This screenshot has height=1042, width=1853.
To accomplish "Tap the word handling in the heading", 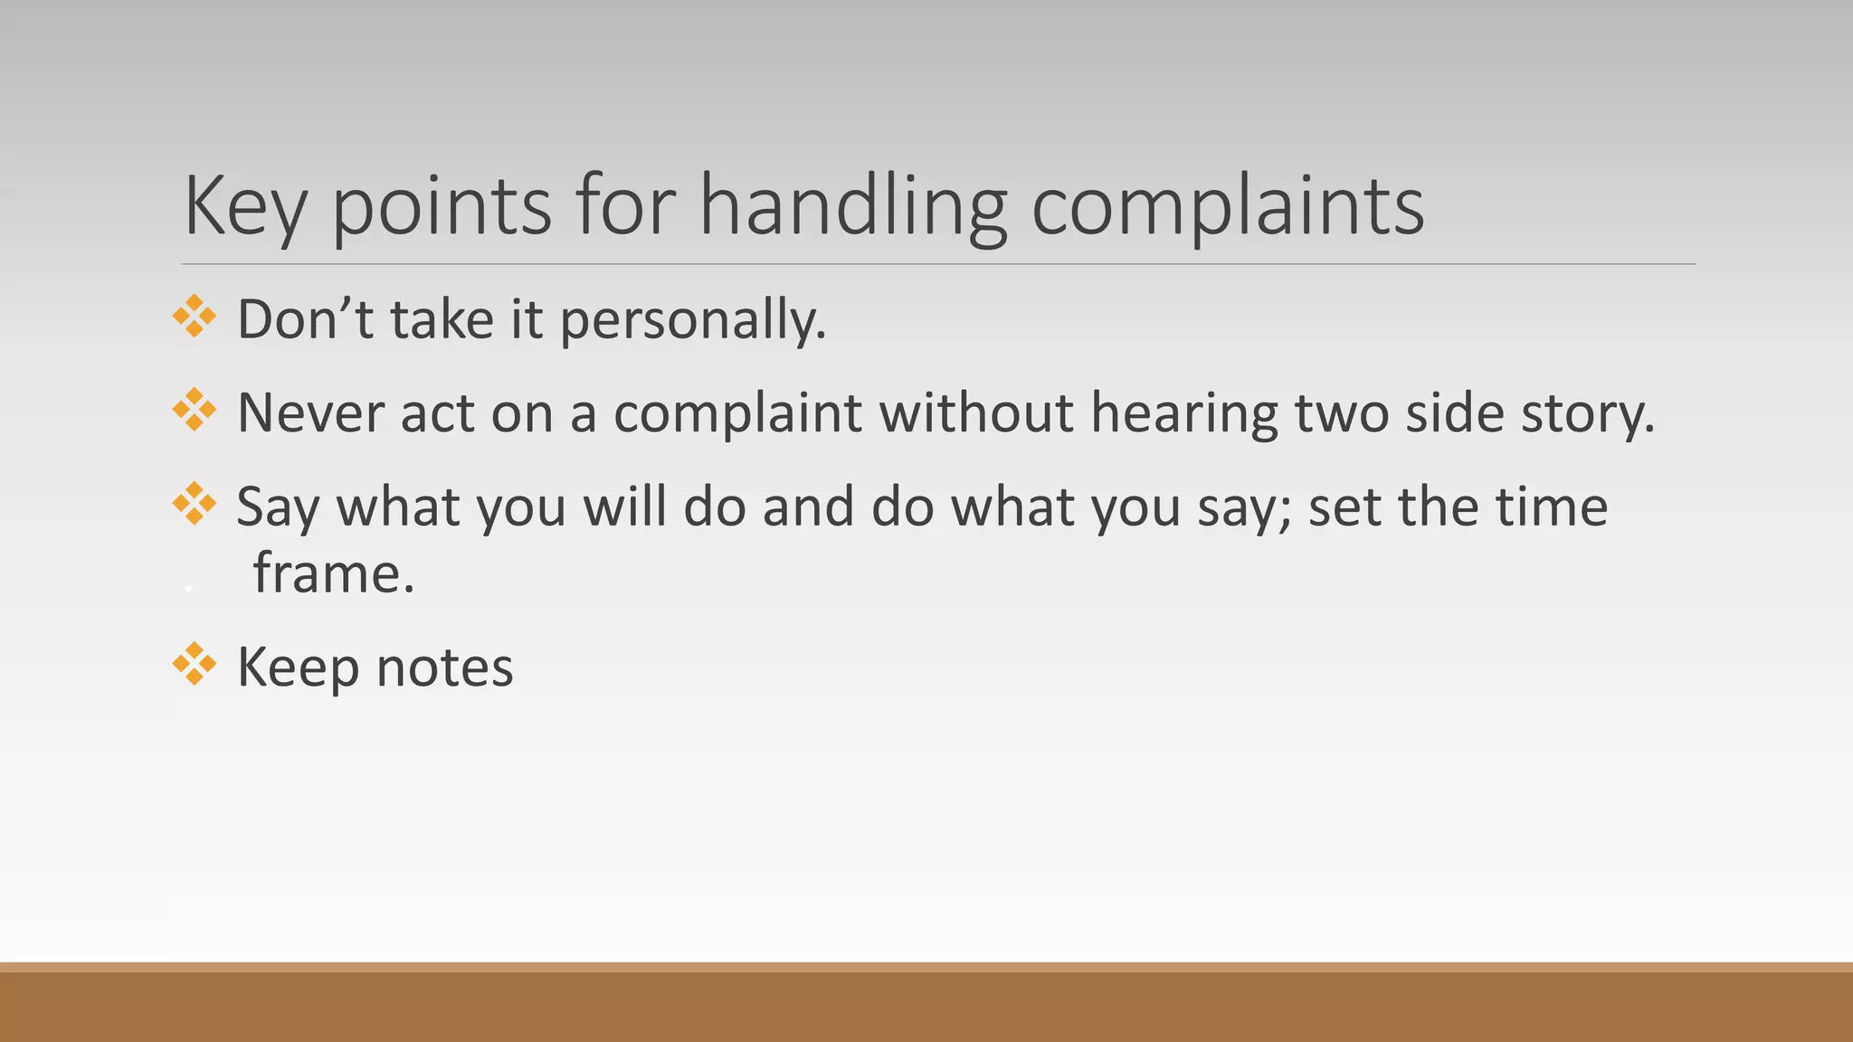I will (853, 206).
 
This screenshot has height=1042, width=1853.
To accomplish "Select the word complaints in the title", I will (1228, 206).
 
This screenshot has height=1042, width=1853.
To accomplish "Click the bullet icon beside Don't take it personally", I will (195, 317).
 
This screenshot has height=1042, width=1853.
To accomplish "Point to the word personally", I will (693, 320).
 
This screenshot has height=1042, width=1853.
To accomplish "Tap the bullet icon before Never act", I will (195, 410).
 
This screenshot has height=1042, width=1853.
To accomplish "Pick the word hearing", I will (1184, 412).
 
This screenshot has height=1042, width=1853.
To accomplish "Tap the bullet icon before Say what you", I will (195, 503).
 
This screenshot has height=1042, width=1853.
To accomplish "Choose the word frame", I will (333, 573).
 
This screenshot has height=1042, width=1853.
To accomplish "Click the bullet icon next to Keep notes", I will (195, 664).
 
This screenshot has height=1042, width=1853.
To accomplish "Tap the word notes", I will (444, 668).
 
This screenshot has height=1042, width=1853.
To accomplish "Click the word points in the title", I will (442, 206).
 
